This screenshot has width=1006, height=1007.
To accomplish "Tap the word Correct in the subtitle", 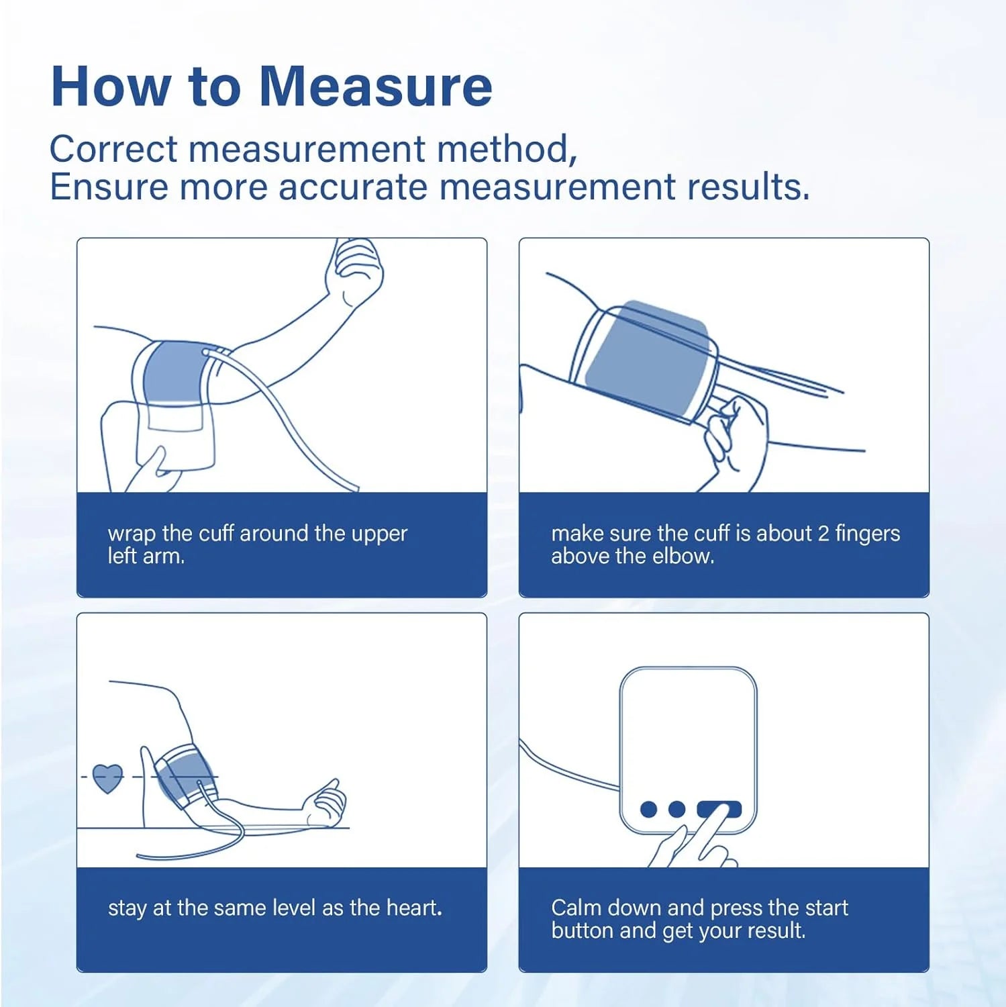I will coord(113,149).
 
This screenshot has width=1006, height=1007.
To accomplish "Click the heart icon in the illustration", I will coord(107,778).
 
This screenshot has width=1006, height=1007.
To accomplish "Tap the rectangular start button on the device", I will coord(719,809).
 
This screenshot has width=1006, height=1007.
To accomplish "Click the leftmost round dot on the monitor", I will coord(648,809).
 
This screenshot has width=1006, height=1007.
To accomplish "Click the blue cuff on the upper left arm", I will coord(173,373).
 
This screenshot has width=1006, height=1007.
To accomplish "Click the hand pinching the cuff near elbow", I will coord(732,433).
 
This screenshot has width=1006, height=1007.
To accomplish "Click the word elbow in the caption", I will coord(686,557).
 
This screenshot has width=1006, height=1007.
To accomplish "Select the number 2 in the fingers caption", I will coord(823,534).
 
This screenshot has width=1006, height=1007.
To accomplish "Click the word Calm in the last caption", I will coord(576,908).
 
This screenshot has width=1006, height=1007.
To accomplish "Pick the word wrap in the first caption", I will coord(131,535).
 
